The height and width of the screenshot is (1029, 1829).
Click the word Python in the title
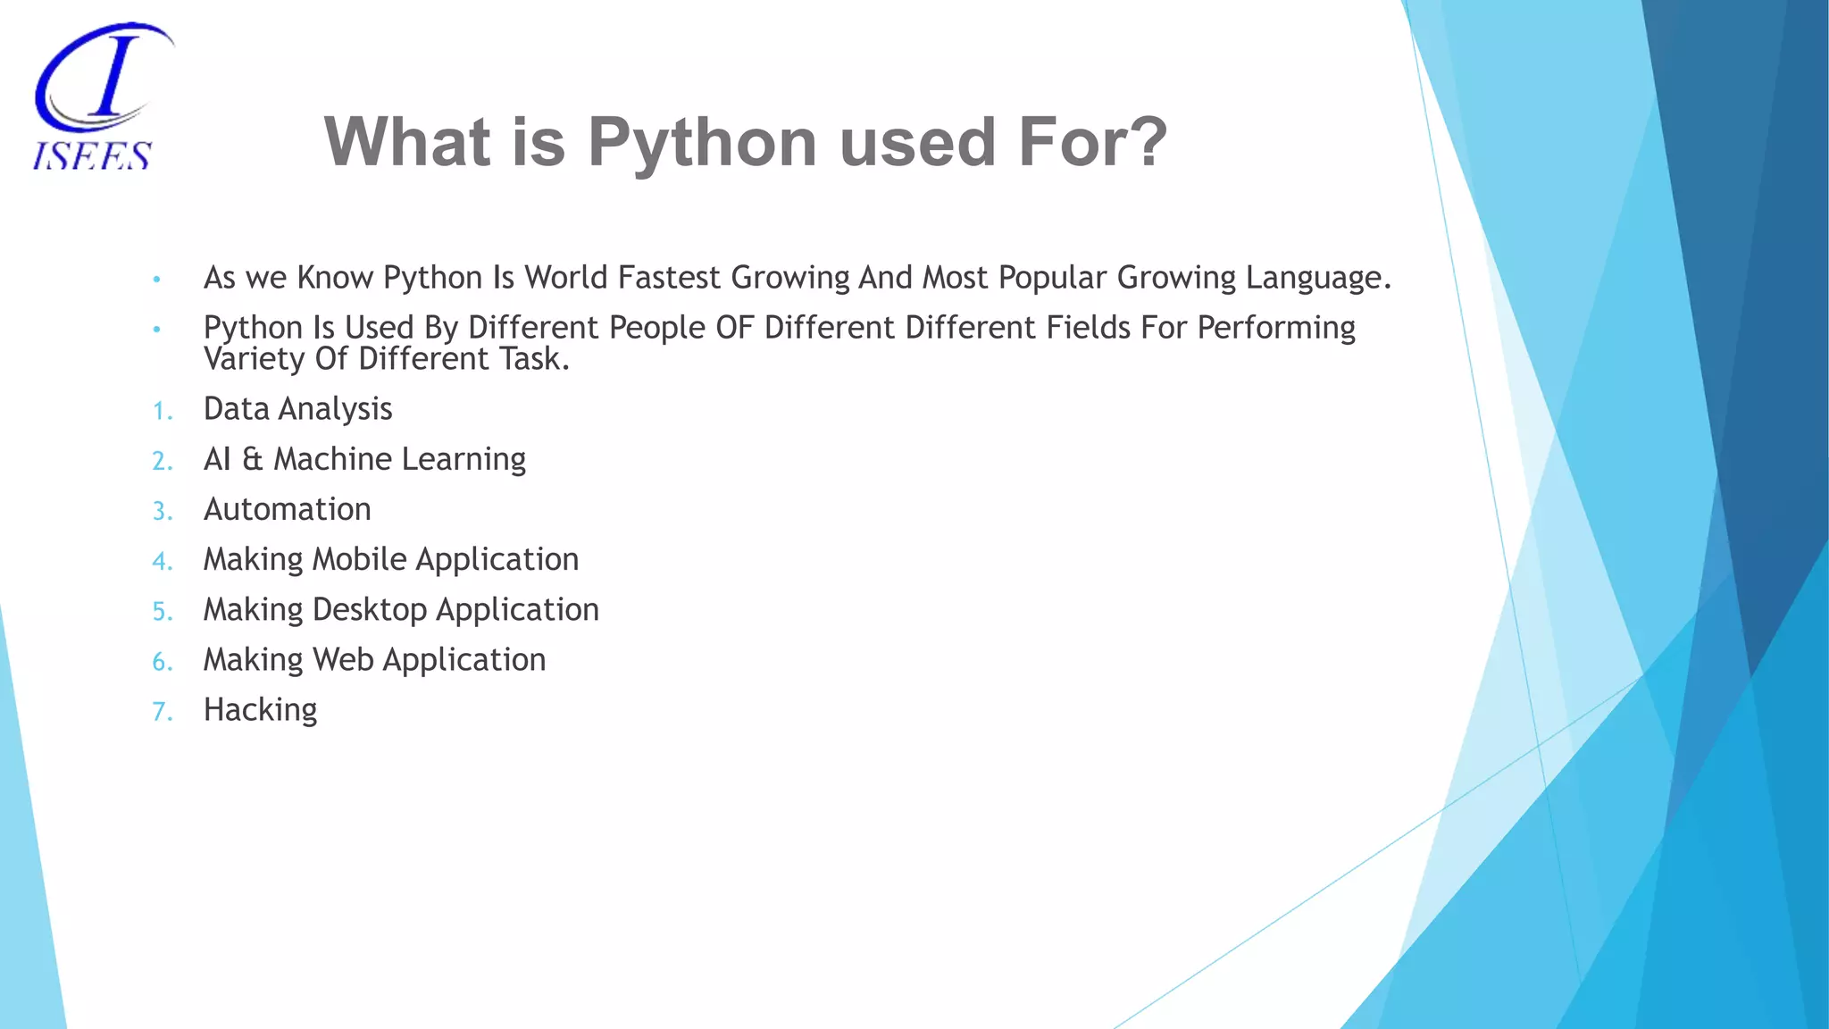tap(702, 143)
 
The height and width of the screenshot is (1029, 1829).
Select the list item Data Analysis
tap(297, 409)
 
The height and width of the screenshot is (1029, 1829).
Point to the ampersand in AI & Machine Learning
tap(253, 459)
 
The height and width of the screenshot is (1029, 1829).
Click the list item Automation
tap(287, 509)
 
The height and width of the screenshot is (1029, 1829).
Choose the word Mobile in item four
tap(359, 559)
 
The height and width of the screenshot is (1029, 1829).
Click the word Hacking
tap(260, 710)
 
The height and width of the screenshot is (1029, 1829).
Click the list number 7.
tap(161, 712)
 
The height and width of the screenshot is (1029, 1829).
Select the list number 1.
tap(161, 411)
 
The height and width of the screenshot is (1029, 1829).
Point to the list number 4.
tap(161, 561)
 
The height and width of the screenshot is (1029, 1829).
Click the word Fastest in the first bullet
tap(668, 278)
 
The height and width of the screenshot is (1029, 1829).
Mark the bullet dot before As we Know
tap(156, 280)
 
